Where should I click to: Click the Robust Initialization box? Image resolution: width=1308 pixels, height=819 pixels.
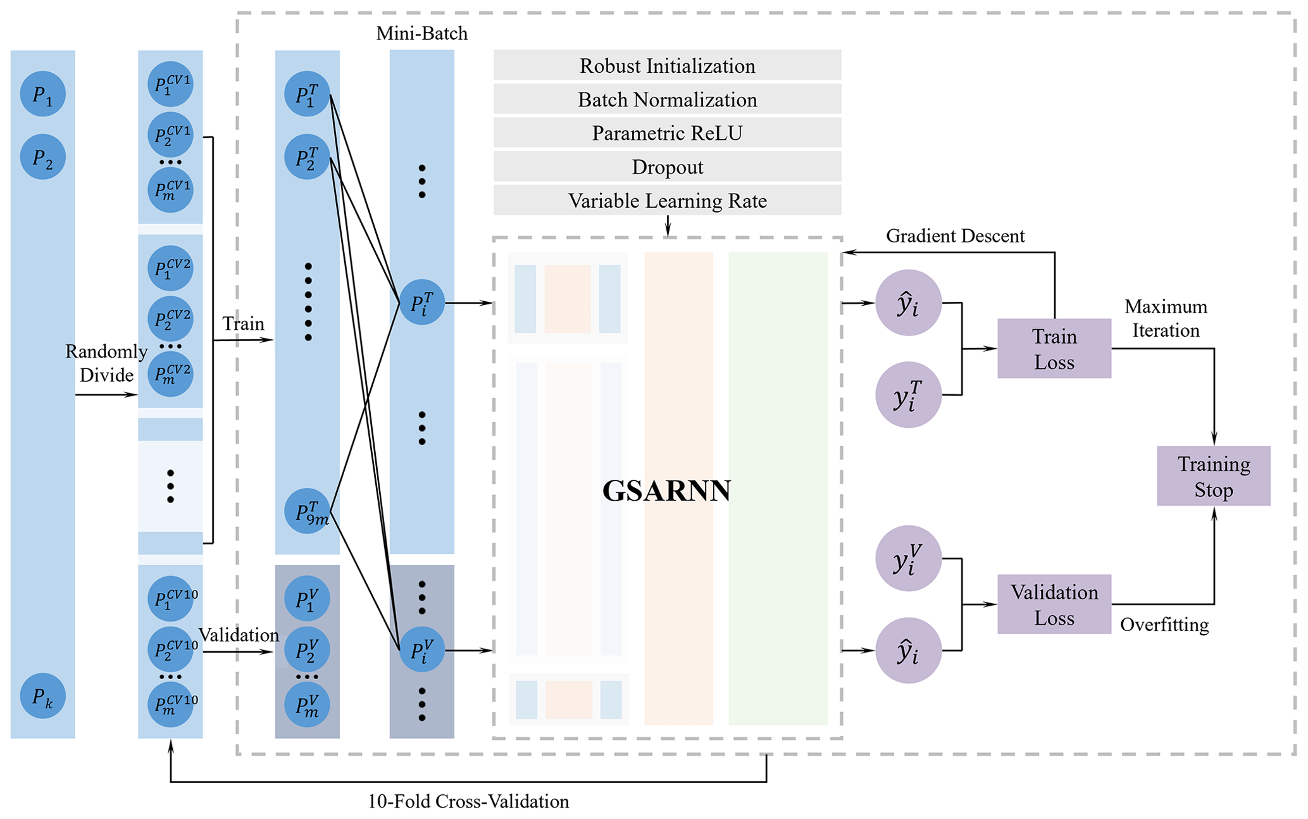click(x=667, y=66)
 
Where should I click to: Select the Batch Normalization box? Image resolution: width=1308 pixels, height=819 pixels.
click(x=667, y=99)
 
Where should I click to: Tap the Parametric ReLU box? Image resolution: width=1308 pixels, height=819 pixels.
click(x=667, y=133)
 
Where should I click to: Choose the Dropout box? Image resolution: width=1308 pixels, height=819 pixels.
click(x=667, y=167)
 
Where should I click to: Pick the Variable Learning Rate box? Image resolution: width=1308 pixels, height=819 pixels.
click(x=667, y=201)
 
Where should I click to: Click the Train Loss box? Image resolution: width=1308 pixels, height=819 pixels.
click(x=1054, y=349)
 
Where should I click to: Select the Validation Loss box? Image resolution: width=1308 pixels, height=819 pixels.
click(x=1054, y=604)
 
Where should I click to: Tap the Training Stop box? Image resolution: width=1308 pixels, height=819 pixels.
click(x=1213, y=476)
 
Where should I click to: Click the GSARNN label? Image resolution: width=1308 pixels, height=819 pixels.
click(x=666, y=491)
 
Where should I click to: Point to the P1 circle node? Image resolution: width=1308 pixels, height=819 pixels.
click(x=42, y=94)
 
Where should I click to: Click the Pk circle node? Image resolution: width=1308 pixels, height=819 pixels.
click(x=42, y=696)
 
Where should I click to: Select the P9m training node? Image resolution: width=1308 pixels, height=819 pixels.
click(x=308, y=511)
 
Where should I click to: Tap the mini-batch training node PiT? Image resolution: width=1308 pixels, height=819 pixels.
click(x=422, y=303)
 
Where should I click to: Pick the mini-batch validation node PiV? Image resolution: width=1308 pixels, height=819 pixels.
click(x=422, y=650)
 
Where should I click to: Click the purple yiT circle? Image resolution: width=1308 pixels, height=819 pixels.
click(x=908, y=395)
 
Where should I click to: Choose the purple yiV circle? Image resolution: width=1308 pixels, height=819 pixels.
click(x=908, y=558)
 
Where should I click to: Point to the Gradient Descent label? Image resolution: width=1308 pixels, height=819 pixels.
click(x=955, y=236)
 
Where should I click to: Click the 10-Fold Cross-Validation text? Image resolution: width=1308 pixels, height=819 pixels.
click(x=468, y=802)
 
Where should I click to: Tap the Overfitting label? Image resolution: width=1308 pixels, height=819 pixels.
click(x=1164, y=625)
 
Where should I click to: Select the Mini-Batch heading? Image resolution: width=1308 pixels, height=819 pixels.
click(x=422, y=34)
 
